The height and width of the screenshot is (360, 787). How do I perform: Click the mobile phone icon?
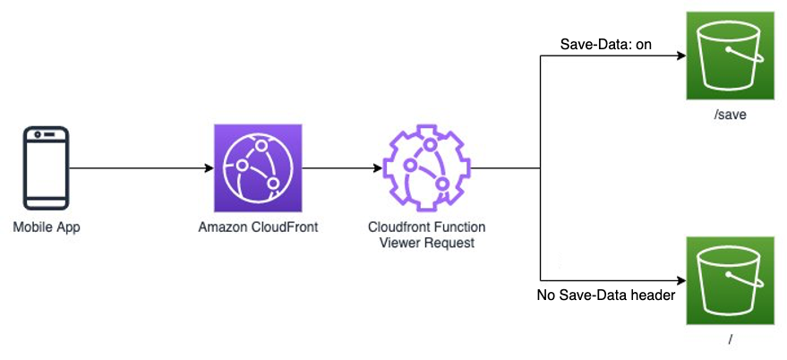pos(47,167)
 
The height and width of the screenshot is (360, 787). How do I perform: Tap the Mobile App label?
pos(47,227)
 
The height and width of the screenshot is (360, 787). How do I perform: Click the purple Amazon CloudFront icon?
pos(258,167)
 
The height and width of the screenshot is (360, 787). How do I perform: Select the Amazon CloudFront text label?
pos(258,227)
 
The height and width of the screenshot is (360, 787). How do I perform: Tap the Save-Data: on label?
pos(605,44)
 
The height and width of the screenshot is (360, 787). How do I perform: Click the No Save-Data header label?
pos(605,295)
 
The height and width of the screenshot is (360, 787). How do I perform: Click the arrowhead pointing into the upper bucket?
pos(680,56)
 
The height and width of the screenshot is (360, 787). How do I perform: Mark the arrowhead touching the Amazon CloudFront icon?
pos(208,167)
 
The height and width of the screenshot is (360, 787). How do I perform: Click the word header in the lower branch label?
pos(652,295)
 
